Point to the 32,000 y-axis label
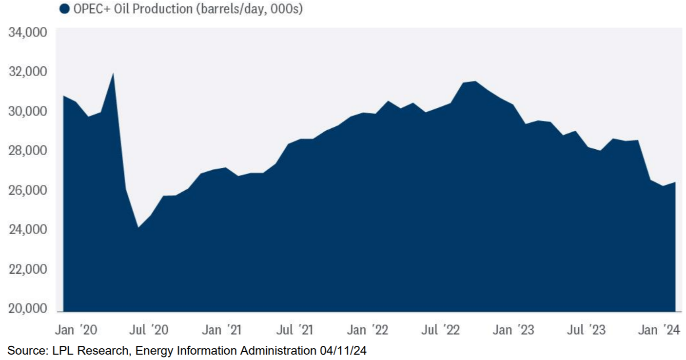(27, 72)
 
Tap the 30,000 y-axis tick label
(27, 112)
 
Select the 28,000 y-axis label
(27, 151)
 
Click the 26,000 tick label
(27, 190)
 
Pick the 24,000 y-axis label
(27, 230)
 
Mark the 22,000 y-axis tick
(27, 269)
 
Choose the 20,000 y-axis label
(27, 309)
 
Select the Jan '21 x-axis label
(222, 330)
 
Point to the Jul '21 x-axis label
(294, 330)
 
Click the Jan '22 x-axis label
(368, 330)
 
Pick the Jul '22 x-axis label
(440, 330)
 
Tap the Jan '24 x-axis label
(659, 330)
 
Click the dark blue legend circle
(64, 9)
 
